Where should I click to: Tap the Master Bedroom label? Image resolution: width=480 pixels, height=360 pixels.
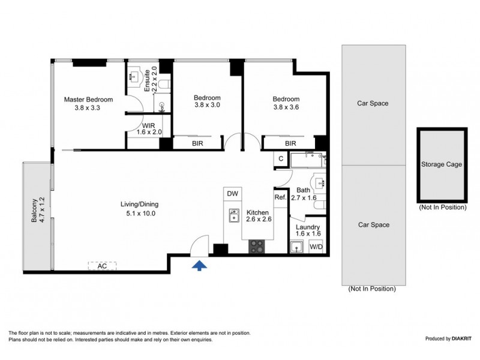89,104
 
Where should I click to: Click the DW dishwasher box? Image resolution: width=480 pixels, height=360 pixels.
232,194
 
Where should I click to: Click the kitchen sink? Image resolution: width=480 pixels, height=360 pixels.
233,215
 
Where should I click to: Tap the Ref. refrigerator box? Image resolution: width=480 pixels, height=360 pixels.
280,197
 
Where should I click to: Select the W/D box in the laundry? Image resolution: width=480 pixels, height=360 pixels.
316,246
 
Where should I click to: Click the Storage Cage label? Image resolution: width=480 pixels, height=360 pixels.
441,164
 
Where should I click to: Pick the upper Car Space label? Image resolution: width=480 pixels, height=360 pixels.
373,103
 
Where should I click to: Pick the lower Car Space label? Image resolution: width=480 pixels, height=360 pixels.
373,225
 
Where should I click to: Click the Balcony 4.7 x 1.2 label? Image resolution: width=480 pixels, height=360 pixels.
37,211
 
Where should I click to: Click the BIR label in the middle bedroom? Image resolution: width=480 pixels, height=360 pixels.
197,143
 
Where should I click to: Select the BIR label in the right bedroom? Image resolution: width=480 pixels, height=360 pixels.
290,143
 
